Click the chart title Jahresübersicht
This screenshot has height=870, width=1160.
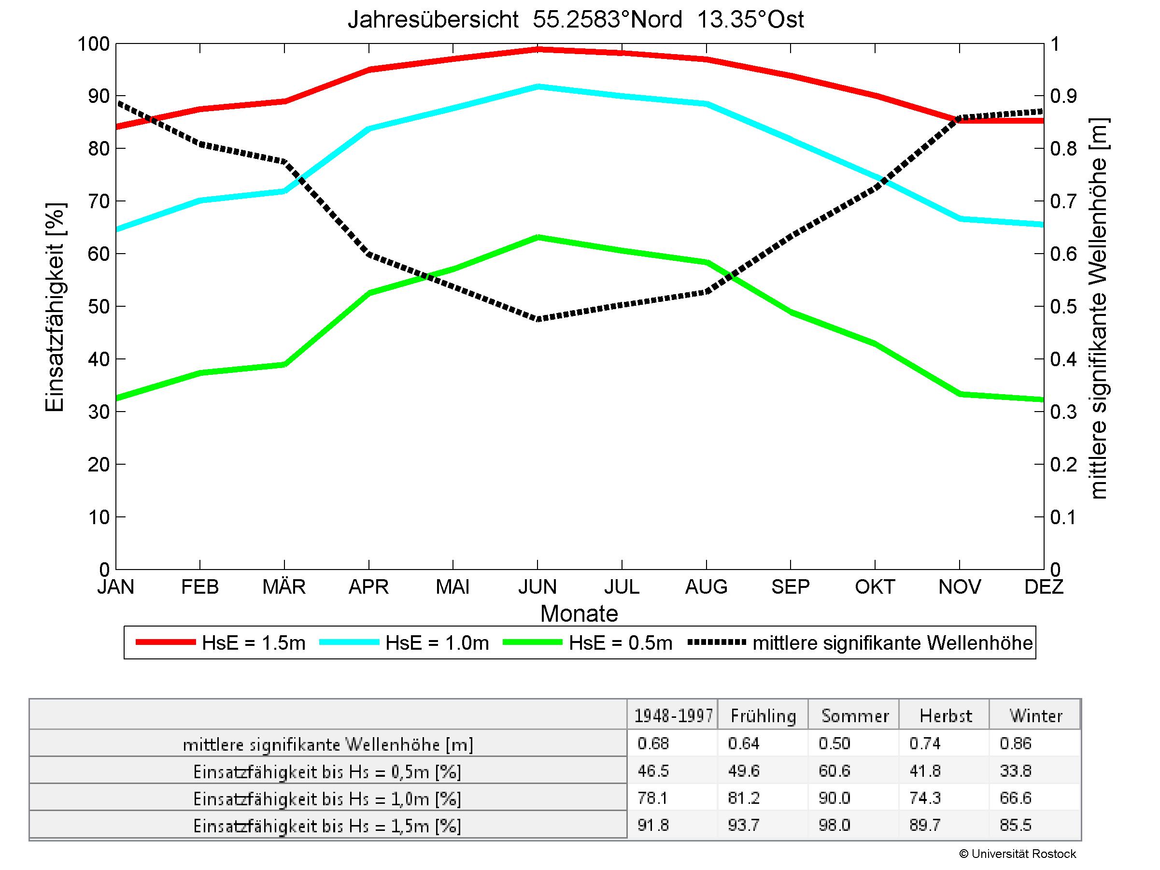(575, 20)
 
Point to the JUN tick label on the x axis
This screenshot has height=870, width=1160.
(538, 586)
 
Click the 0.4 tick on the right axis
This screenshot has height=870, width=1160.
(1063, 359)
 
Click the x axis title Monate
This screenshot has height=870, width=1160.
(579, 613)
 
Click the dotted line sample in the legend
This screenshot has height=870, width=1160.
(716, 642)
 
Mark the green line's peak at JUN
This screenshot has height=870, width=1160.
(538, 237)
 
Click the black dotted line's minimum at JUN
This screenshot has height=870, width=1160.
(538, 318)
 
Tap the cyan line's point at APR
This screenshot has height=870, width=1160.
(369, 128)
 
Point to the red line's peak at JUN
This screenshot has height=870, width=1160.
(538, 50)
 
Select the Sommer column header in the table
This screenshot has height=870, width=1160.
(855, 716)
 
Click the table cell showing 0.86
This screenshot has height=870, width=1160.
(1015, 743)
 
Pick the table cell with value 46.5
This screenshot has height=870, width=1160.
(653, 771)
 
